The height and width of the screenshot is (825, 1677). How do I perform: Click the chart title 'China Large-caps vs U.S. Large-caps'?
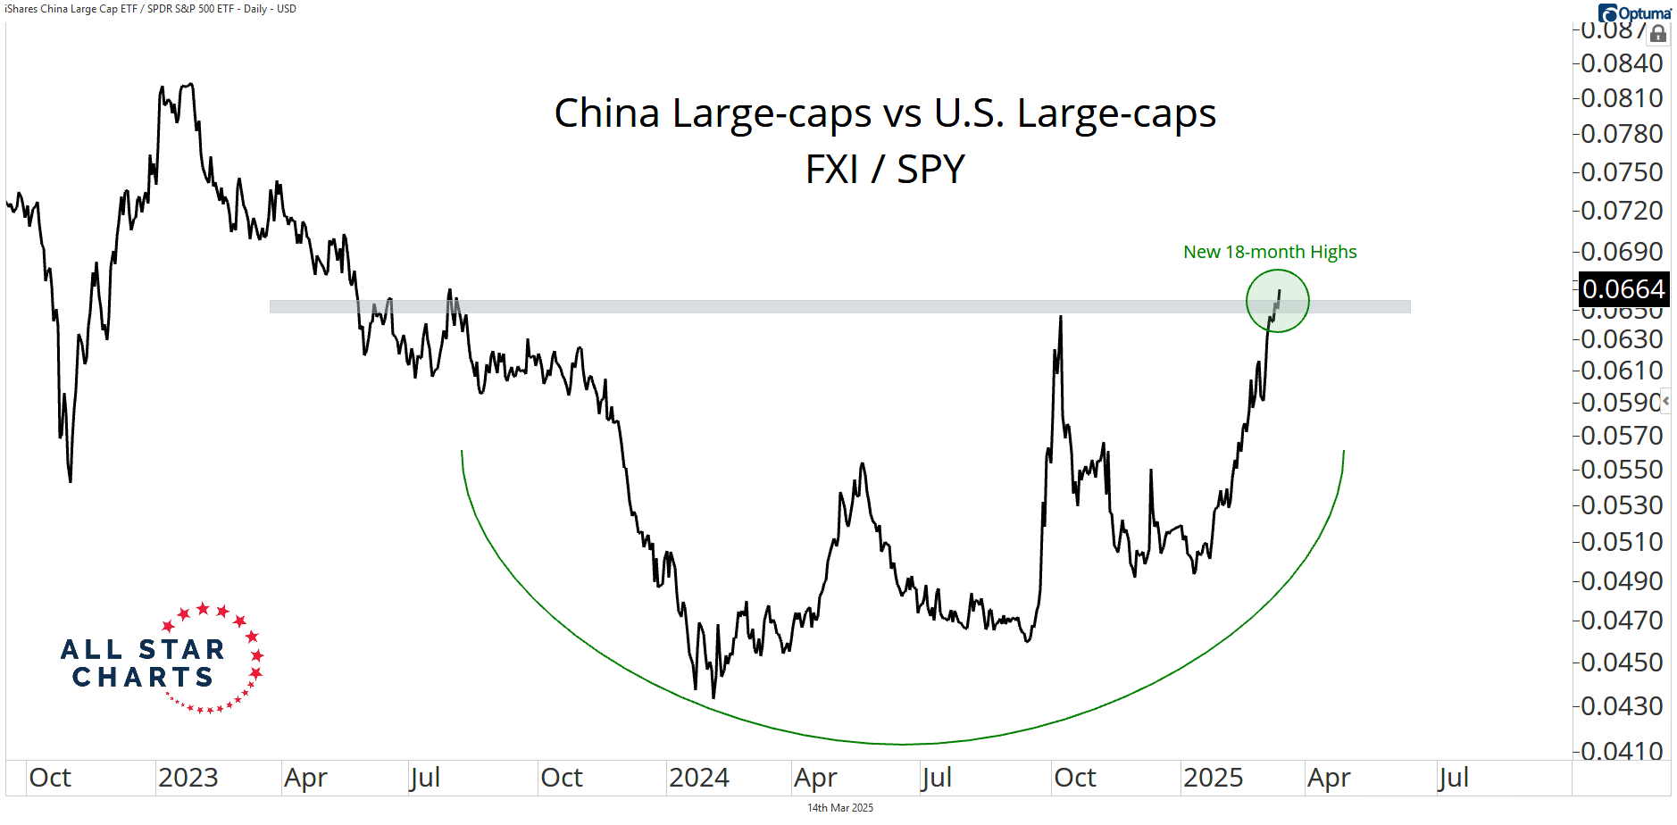pos(885,113)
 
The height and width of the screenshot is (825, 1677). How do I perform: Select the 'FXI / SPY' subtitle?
pos(885,170)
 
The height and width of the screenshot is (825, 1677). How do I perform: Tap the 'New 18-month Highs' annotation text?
pos(1269,252)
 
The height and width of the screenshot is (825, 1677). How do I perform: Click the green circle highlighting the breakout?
pos(1278,301)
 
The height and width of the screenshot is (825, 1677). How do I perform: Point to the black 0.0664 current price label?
pos(1623,289)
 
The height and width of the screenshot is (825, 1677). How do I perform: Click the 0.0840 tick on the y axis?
pos(1622,63)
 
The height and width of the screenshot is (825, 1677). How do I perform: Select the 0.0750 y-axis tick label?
pos(1622,171)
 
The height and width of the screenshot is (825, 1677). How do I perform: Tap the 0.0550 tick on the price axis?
pos(1622,470)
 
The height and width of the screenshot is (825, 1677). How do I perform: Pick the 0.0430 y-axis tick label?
pos(1622,706)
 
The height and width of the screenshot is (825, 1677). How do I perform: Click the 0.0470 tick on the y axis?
pos(1622,620)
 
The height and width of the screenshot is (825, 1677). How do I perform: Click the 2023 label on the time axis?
pos(188,778)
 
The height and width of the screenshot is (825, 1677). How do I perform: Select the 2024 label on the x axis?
pos(699,778)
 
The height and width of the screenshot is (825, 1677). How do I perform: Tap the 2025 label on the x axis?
pos(1213,778)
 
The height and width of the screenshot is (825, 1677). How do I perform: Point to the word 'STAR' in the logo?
pos(181,649)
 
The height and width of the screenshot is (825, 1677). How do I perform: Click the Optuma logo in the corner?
pos(1635,12)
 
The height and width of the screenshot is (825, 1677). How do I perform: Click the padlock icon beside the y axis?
pos(1658,35)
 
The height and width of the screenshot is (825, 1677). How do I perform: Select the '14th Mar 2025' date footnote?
pos(840,808)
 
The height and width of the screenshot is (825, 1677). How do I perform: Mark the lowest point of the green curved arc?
pos(904,744)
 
